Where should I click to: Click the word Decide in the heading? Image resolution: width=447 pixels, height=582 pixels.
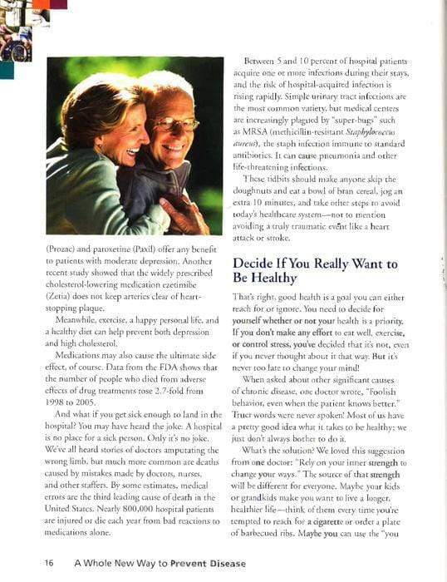(254, 264)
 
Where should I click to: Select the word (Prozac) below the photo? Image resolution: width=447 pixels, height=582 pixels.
(66, 247)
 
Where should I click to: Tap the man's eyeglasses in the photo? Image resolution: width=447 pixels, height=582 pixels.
(177, 123)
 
